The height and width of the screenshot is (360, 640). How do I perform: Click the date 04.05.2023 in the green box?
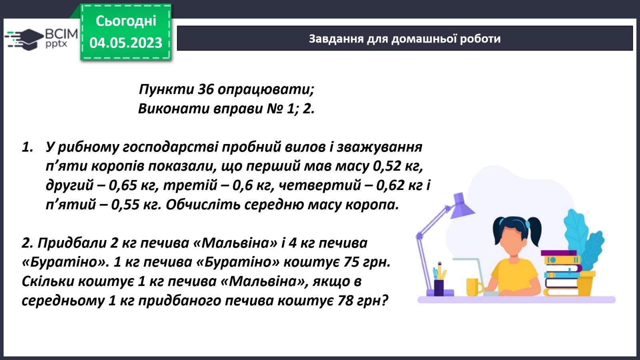(126, 42)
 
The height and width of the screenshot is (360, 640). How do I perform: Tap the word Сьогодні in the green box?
(126, 21)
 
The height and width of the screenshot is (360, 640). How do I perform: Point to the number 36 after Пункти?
(206, 90)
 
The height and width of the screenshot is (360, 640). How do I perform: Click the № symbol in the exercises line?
(274, 108)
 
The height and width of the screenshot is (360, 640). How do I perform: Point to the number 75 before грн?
(352, 262)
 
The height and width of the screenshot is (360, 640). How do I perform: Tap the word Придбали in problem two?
(72, 243)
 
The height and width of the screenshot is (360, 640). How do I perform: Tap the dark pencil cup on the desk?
(439, 288)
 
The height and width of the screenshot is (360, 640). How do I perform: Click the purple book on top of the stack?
(558, 253)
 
